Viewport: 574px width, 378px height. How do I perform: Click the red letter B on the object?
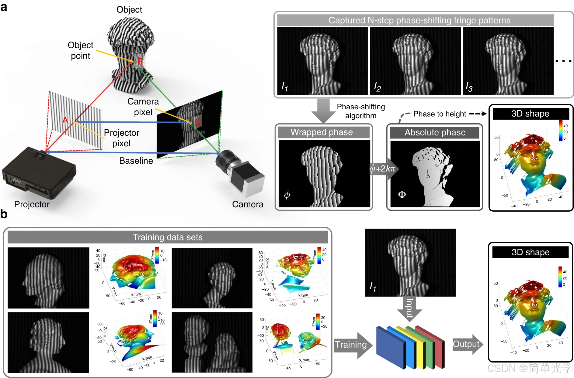tap(140, 61)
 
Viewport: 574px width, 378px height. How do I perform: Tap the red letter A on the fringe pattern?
tap(65, 120)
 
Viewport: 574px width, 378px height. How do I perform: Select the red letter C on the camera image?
tap(198, 122)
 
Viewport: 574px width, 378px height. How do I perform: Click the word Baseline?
tap(136, 161)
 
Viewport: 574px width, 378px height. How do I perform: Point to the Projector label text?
tap(32, 204)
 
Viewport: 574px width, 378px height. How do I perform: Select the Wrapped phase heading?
tap(322, 132)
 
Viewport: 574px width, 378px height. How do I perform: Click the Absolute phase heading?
tap(435, 132)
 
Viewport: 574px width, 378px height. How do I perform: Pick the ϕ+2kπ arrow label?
tap(383, 169)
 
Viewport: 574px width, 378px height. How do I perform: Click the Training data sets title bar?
tap(168, 237)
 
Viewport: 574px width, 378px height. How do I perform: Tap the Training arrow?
tap(352, 345)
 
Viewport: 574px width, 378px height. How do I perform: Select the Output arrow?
tap(467, 344)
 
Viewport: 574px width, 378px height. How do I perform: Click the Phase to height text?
tap(440, 114)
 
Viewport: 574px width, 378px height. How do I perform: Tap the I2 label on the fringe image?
tap(377, 87)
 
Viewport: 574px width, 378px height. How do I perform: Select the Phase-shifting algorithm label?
tap(361, 111)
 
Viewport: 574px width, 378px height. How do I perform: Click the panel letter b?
tap(4, 214)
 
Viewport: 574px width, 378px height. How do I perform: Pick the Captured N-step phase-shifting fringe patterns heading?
tap(419, 20)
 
